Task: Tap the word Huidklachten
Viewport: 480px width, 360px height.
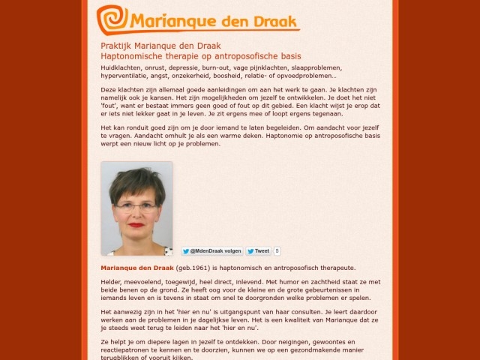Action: (121, 67)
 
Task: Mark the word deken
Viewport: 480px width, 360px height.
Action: (254, 136)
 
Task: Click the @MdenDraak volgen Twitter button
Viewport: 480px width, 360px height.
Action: (211, 251)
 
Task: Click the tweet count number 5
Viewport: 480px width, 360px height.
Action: (277, 251)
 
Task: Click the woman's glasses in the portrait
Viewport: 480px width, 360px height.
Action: (136, 205)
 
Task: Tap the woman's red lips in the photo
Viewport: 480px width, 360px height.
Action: (136, 225)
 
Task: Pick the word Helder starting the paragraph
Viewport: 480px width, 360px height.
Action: (112, 281)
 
